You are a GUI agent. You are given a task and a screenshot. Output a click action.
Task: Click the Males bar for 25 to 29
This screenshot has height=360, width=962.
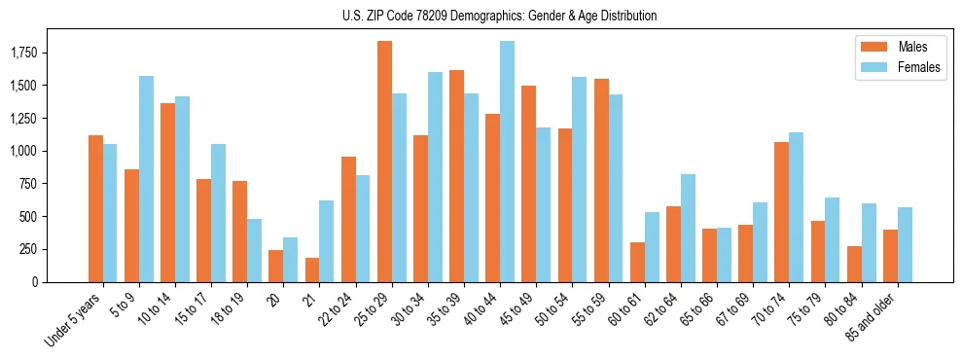click(384, 162)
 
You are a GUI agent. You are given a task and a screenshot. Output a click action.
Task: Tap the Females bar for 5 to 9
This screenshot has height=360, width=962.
click(146, 179)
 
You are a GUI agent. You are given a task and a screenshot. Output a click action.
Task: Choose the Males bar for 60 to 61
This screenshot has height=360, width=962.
click(637, 262)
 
